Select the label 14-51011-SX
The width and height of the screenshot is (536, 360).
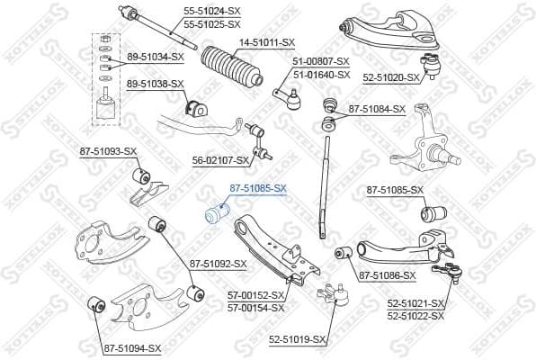(267, 41)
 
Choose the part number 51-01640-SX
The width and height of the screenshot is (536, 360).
(321, 75)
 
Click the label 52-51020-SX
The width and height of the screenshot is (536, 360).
(391, 77)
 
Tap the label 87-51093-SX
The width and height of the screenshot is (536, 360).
(108, 150)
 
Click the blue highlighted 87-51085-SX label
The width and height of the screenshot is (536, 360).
(257, 188)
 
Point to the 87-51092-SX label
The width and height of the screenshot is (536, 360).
(218, 264)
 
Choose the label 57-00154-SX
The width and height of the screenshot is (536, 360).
(255, 307)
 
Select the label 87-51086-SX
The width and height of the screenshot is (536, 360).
(387, 275)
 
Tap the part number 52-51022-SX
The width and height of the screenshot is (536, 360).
(415, 316)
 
